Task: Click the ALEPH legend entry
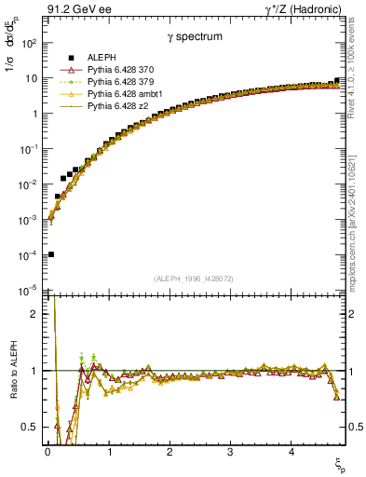pyautogui.click(x=102, y=57)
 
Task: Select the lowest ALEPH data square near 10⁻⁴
pyautogui.click(x=50, y=254)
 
